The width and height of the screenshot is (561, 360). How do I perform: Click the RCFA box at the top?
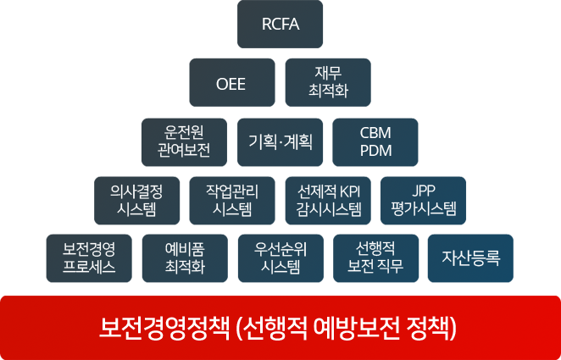point(280,24)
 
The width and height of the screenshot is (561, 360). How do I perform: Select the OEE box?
point(232,82)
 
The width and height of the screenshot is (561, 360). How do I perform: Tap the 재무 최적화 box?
point(328,82)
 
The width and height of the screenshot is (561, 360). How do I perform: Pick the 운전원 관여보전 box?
point(184,142)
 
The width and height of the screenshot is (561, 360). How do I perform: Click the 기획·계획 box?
point(280,142)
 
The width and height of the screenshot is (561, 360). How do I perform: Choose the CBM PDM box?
point(375,142)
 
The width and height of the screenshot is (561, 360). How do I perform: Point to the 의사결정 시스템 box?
point(137,201)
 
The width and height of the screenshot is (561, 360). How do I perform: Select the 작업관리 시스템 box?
point(232,201)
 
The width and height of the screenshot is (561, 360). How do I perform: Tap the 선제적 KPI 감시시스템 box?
point(328,201)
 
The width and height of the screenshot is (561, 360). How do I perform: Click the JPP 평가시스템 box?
point(423,201)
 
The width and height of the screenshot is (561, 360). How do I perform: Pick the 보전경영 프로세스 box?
point(89,258)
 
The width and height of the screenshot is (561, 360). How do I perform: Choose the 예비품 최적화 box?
point(185,258)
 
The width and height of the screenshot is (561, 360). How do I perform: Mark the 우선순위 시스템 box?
point(280,258)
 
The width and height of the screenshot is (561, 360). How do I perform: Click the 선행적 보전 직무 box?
point(375,258)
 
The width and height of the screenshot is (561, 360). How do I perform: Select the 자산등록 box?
point(470,258)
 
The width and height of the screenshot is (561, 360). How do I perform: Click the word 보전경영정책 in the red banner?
point(164,328)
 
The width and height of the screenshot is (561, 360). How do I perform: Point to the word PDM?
point(375,151)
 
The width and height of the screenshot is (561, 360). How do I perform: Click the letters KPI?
point(350,192)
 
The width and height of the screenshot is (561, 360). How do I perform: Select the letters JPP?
point(424,191)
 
